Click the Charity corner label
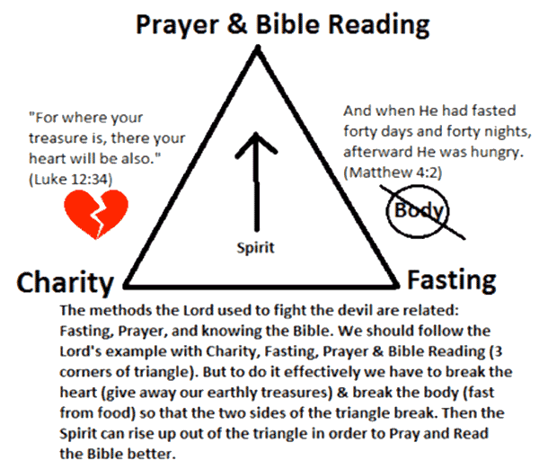[66, 284]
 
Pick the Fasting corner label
[451, 280]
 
